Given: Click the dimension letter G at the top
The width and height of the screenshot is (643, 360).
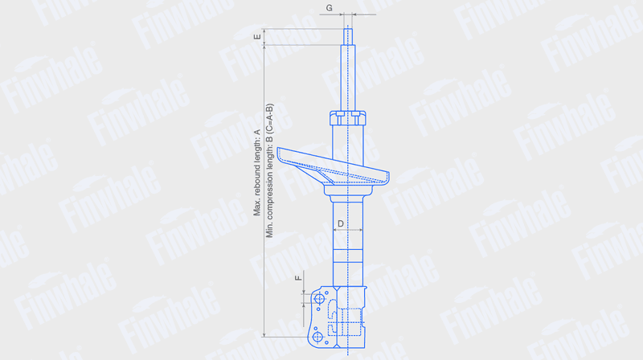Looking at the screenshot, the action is [x=330, y=8].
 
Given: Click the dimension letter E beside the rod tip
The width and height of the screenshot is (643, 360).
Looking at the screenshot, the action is [x=257, y=37].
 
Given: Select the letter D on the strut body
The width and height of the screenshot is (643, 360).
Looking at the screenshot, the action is [x=340, y=223].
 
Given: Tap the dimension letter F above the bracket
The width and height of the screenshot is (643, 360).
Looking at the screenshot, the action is [x=298, y=278].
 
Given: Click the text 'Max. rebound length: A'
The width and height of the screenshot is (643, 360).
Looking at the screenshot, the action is [x=257, y=173].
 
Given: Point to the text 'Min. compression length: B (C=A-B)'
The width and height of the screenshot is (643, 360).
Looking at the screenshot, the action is [x=269, y=170].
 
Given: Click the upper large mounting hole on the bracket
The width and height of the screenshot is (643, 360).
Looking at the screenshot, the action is [x=319, y=299].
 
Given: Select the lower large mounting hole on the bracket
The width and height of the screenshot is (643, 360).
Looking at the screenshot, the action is [x=317, y=337].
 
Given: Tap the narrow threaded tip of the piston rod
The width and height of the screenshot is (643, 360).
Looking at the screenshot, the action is [x=348, y=35].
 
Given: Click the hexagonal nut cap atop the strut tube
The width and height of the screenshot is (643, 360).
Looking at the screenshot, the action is [x=348, y=117].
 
